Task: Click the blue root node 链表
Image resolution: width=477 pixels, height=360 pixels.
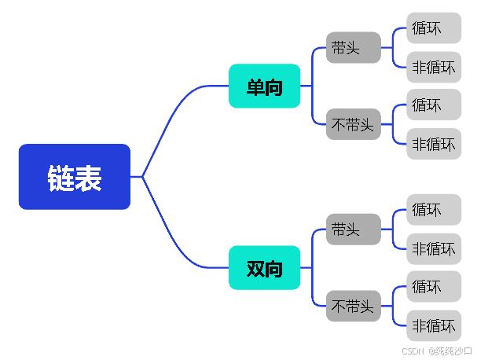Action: click(x=74, y=177)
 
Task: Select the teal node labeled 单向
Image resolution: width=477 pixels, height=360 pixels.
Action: click(x=264, y=86)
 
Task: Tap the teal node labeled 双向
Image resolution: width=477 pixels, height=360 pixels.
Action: click(x=264, y=268)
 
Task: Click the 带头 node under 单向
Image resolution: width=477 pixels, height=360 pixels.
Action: click(x=353, y=47)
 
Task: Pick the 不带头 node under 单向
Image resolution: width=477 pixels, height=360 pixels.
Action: click(x=353, y=124)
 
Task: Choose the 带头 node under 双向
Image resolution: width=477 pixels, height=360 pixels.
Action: click(x=353, y=229)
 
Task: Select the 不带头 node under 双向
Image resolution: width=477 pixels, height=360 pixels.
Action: click(x=353, y=306)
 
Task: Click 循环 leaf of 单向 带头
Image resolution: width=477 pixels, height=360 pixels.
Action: click(x=433, y=28)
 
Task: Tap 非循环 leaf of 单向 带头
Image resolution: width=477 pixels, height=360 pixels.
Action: click(x=433, y=67)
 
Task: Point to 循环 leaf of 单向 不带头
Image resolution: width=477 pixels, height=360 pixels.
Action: click(x=433, y=105)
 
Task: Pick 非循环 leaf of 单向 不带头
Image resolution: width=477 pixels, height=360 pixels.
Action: click(x=433, y=144)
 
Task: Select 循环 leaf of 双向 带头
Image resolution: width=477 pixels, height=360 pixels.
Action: click(x=433, y=210)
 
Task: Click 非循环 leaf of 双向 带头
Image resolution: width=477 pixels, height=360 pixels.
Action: click(x=433, y=248)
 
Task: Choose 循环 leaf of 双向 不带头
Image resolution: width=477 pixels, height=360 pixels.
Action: click(x=433, y=286)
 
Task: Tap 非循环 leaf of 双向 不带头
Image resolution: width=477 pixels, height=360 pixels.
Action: click(x=433, y=325)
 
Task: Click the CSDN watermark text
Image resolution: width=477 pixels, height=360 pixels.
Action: click(x=437, y=351)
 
